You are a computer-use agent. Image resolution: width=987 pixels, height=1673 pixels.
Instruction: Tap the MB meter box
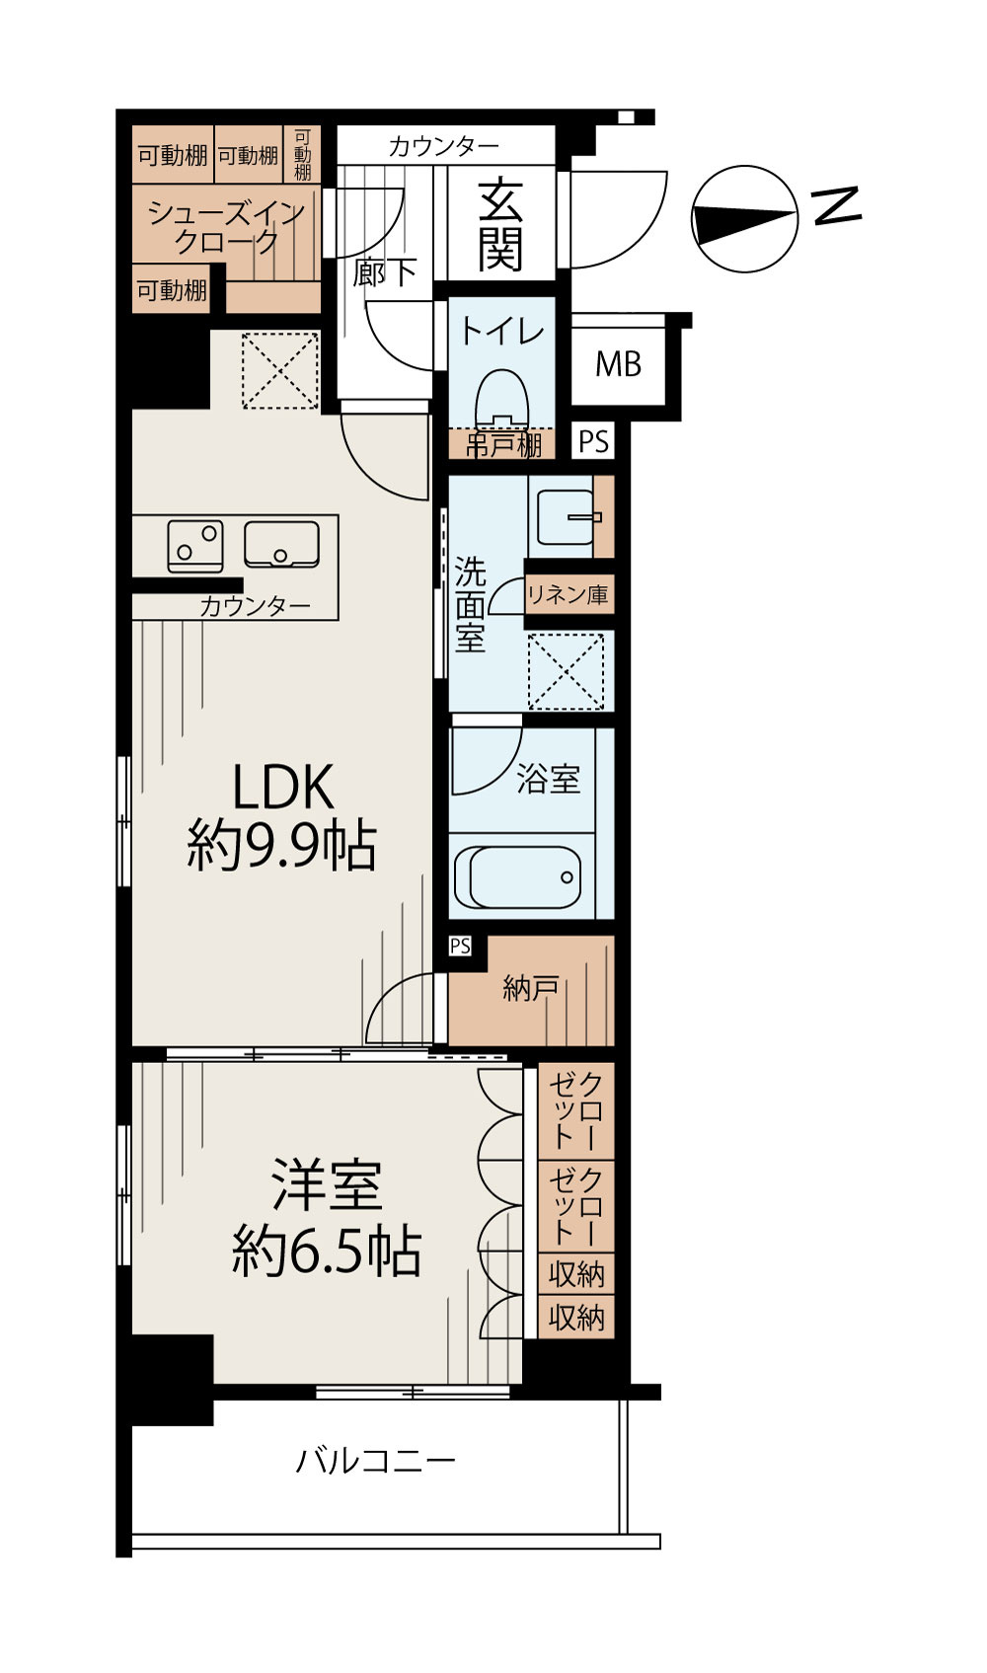click(x=618, y=364)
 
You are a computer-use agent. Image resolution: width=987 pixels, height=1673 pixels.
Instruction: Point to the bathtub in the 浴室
click(x=517, y=876)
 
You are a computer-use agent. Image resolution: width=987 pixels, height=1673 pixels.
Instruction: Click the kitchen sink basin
click(x=281, y=544)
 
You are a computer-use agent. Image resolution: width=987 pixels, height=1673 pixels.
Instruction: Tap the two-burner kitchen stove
click(x=195, y=546)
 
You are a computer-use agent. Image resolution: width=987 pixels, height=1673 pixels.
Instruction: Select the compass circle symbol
click(x=744, y=218)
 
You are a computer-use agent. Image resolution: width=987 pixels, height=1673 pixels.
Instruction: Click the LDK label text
click(x=283, y=788)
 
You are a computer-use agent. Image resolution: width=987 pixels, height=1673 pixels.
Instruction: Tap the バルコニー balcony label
click(x=375, y=1460)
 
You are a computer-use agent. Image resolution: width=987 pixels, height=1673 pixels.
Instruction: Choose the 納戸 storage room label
click(x=531, y=989)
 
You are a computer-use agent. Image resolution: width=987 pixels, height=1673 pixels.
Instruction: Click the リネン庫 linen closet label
click(x=569, y=594)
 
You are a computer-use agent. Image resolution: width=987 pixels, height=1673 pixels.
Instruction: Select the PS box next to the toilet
click(x=594, y=440)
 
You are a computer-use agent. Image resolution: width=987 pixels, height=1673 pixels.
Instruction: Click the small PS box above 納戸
click(x=460, y=946)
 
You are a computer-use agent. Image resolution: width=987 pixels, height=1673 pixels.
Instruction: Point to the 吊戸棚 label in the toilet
click(x=503, y=446)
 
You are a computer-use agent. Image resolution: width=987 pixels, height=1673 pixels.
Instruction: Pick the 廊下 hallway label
click(x=385, y=272)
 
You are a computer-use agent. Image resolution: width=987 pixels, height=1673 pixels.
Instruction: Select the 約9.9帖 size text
click(x=281, y=846)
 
